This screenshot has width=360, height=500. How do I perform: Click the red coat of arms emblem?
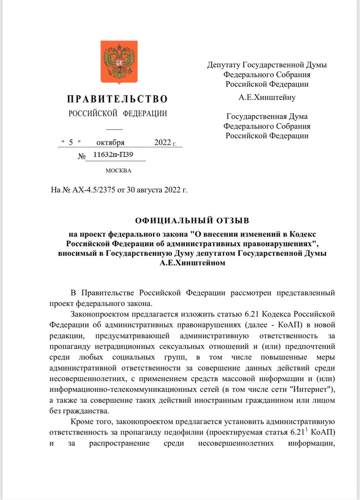(x=119, y=61)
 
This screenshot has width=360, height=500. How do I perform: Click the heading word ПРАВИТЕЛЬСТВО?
(x=118, y=99)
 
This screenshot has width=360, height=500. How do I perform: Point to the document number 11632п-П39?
(x=113, y=155)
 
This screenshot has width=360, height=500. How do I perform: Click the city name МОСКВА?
(x=118, y=171)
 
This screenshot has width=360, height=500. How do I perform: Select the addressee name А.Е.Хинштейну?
(x=267, y=97)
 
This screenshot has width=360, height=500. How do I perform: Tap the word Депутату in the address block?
(x=224, y=65)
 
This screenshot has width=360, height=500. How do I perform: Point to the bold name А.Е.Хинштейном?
(x=192, y=263)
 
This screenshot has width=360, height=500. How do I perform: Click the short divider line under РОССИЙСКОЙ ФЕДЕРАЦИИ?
(x=115, y=129)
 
